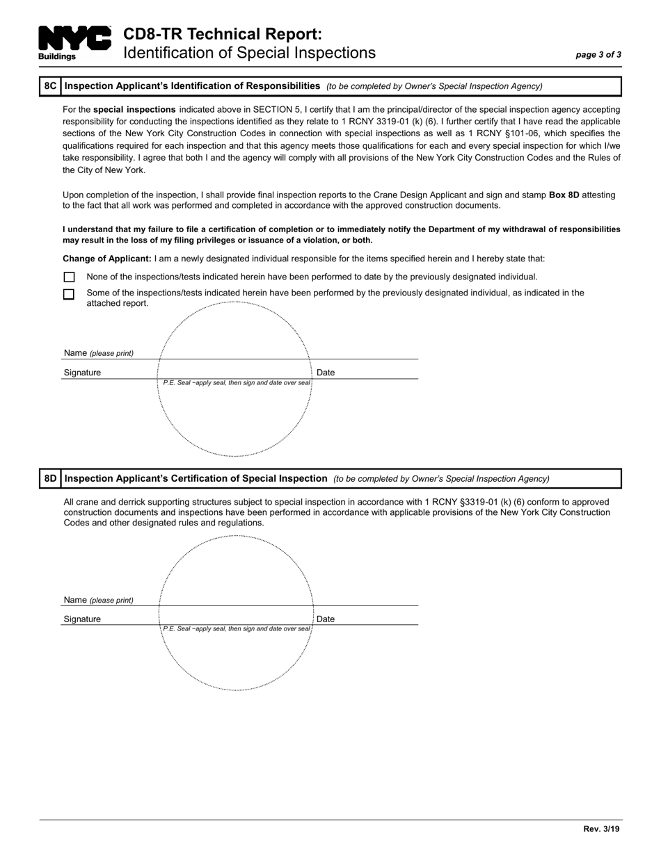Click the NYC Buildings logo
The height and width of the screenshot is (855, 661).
pos(74,42)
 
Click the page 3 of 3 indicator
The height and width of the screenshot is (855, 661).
pos(598,55)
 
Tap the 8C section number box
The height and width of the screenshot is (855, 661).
pos(50,86)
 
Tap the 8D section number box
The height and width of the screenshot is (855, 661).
pos(50,478)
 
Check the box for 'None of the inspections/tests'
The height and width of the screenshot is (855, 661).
pos(69,277)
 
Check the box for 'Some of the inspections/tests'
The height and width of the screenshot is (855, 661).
pos(69,294)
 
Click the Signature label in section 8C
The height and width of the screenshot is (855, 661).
pos(82,373)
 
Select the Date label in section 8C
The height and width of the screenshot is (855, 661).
pos(326,373)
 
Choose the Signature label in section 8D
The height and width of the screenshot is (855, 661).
pos(82,619)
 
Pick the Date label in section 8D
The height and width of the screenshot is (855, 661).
pos(326,619)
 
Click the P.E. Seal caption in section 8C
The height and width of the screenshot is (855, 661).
pos(236,383)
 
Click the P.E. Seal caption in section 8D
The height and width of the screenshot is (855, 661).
pos(236,629)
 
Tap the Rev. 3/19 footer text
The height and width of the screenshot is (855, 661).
pos(601,829)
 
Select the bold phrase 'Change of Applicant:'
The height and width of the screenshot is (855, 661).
pos(107,259)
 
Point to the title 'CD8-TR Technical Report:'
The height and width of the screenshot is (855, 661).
pos(223,34)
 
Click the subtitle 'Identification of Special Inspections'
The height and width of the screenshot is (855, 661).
pos(249,53)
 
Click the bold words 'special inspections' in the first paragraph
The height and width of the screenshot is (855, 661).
pos(134,110)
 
